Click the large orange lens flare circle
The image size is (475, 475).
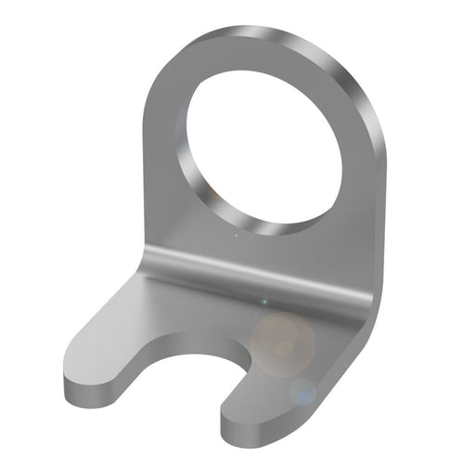(x=282, y=342)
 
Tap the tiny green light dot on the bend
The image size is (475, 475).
(x=263, y=302)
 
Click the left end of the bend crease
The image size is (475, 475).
(x=148, y=260)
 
